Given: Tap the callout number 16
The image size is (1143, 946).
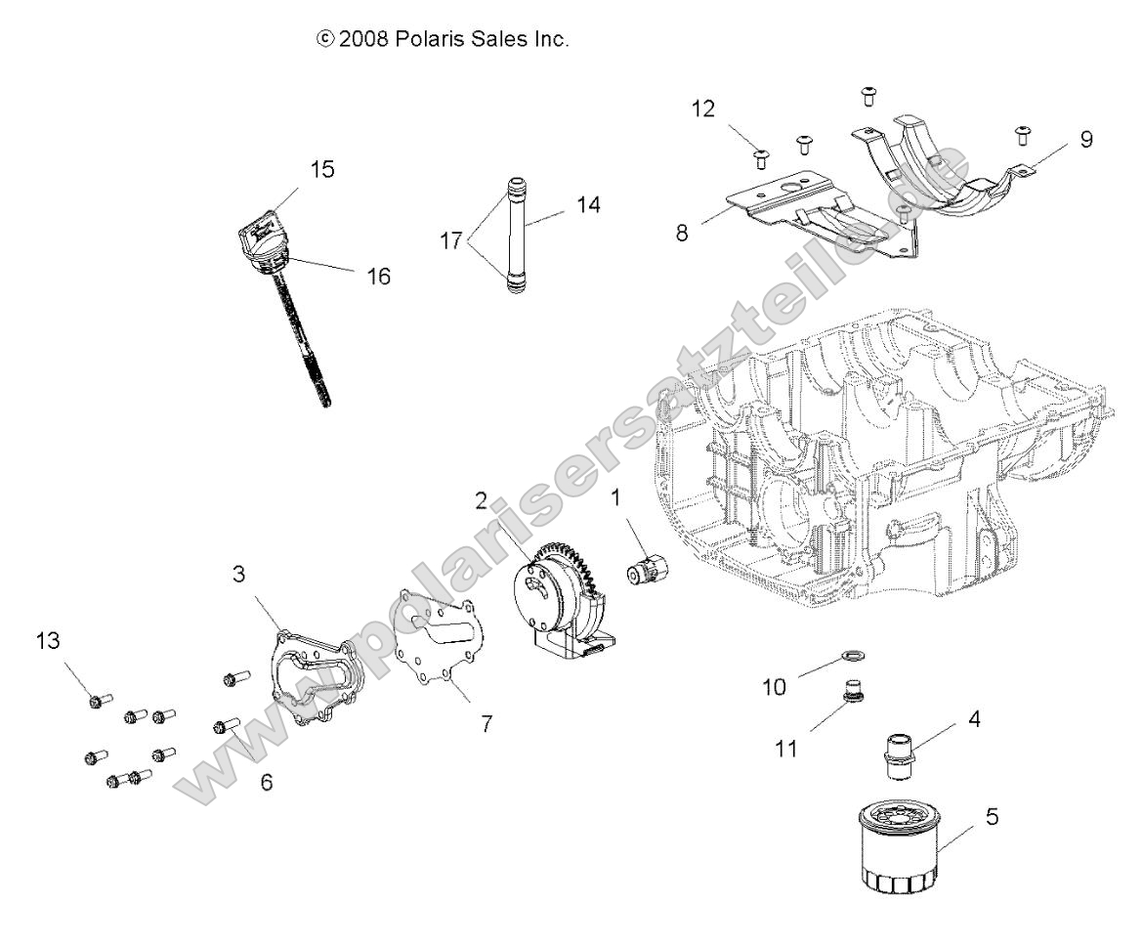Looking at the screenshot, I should coord(377,277).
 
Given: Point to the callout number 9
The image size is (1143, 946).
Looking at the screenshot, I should coord(1085,139).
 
